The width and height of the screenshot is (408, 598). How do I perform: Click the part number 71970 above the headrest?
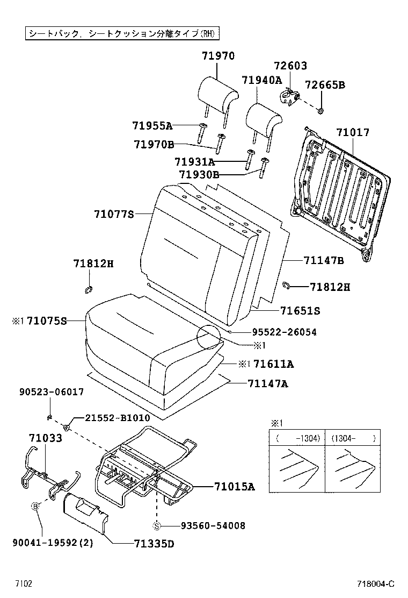pos(218,55)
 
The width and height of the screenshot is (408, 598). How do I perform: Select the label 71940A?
pos(261,80)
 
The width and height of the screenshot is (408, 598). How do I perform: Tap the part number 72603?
pos(290,66)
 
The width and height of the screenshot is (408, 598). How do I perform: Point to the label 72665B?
pos(325,85)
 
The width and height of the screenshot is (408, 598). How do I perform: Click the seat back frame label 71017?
pos(353,132)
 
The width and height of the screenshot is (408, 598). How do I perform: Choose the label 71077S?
pos(114,214)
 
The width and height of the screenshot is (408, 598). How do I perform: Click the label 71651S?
pos(300,311)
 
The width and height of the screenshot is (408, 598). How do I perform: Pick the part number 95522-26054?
pos(284,332)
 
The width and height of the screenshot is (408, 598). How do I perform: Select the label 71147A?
pos(268,383)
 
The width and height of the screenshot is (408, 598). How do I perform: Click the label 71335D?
pos(154,543)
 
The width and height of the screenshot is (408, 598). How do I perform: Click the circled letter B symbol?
pos(35,506)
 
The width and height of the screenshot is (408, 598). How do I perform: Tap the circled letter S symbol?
pos(157,525)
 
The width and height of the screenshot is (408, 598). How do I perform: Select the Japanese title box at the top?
pos(122,33)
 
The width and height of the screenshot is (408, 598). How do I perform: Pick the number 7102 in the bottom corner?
pos(23,584)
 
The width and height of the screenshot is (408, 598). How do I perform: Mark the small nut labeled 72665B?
pos(320,111)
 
